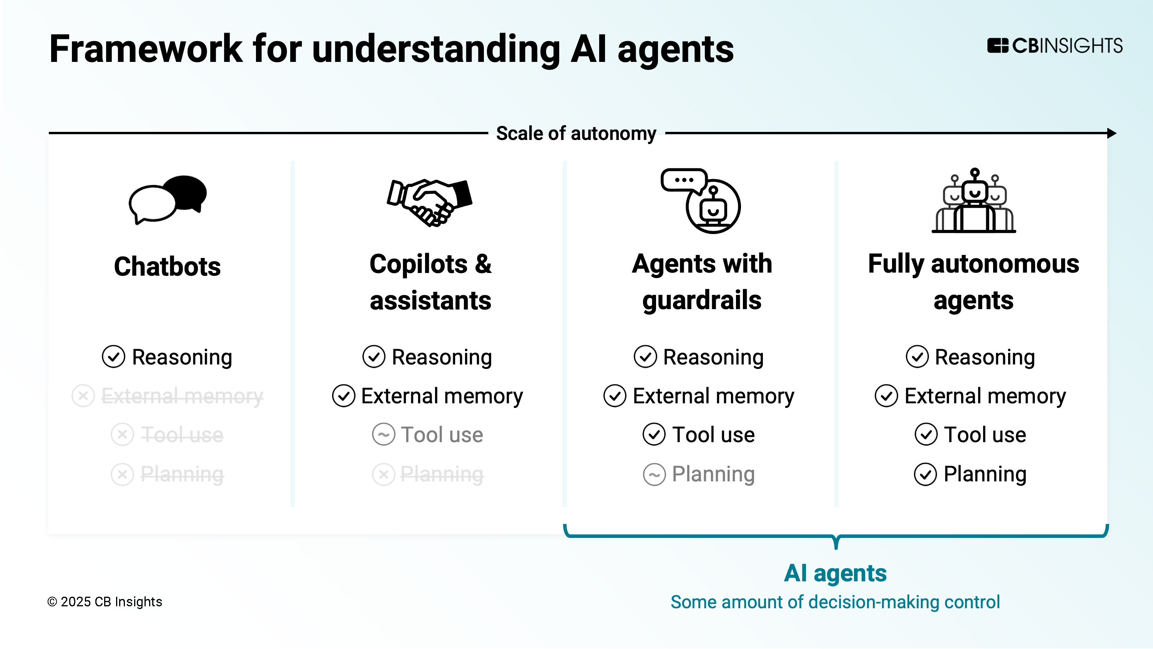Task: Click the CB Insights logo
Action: click(1055, 46)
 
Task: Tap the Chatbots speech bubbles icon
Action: click(168, 199)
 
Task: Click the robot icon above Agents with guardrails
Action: click(701, 201)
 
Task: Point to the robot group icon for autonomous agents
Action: click(974, 201)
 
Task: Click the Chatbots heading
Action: click(168, 266)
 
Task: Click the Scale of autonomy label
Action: click(576, 133)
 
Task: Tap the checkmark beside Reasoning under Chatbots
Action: click(113, 357)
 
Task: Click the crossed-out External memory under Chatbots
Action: click(182, 396)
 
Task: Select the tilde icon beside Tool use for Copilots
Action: click(384, 434)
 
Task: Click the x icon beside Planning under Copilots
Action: click(384, 474)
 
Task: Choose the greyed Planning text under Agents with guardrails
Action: click(713, 474)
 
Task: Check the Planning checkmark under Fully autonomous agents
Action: click(925, 474)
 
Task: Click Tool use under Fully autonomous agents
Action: click(985, 434)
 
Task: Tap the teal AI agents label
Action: click(835, 573)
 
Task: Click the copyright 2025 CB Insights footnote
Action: click(105, 602)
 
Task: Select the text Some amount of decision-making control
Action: click(835, 602)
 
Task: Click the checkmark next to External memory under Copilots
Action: click(343, 396)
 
